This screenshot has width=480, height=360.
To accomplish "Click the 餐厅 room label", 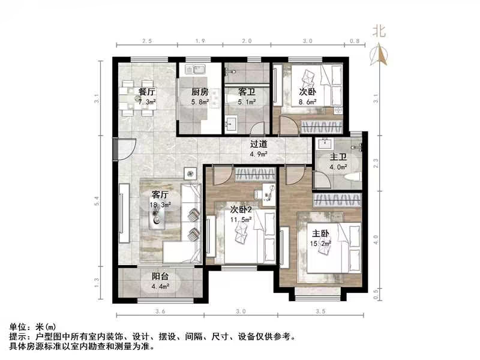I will click(x=147, y=92).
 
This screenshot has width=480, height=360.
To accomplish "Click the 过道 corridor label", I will click(x=259, y=144).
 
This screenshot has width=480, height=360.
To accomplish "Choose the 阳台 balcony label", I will click(x=160, y=277).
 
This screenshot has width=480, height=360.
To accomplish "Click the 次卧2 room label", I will click(x=242, y=209).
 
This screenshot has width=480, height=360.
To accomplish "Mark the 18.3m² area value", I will click(x=161, y=205).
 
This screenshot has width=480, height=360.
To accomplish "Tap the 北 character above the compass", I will click(x=379, y=30).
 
